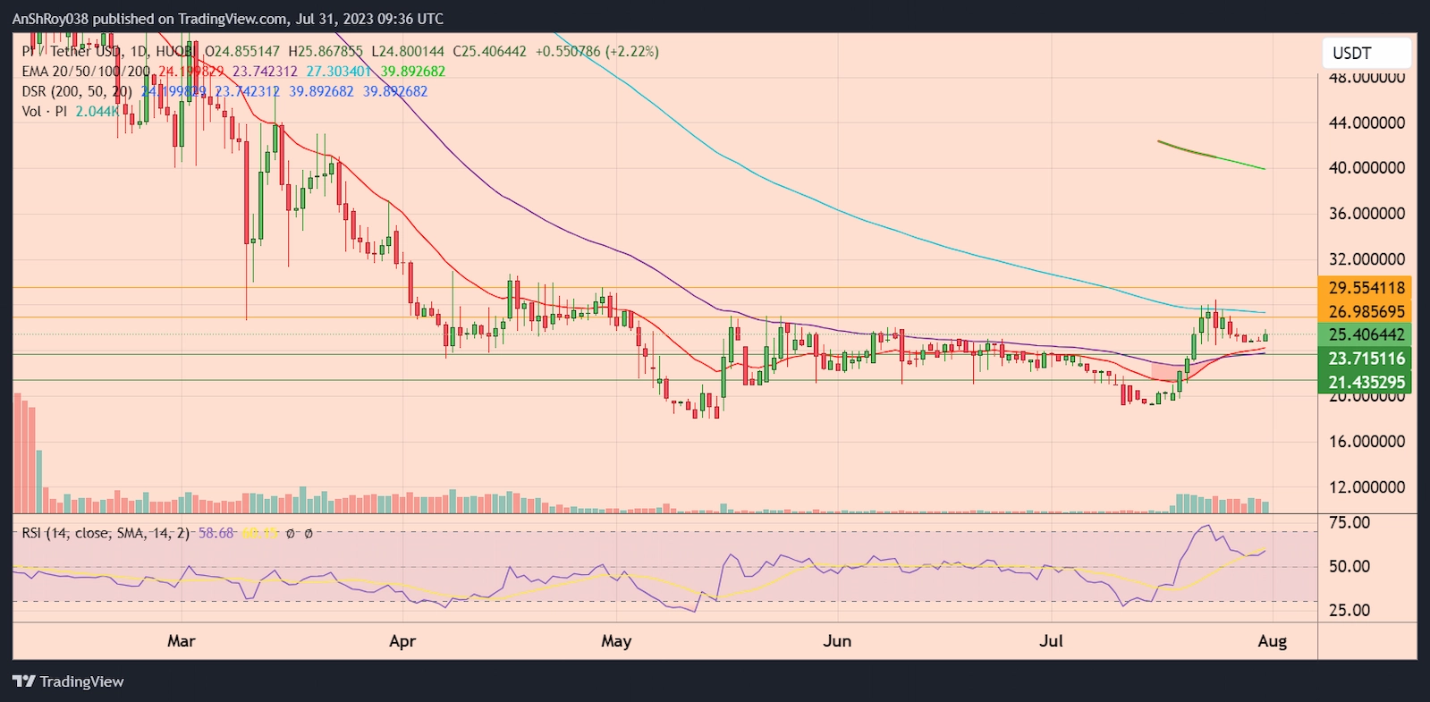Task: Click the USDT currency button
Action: [1366, 53]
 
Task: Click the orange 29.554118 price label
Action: [1366, 288]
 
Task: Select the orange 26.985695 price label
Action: [1366, 311]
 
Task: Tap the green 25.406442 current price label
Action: [1366, 334]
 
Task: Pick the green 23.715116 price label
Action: [1366, 359]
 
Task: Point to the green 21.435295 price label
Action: [1366, 382]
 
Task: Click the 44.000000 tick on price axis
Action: [1366, 123]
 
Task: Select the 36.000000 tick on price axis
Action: [1366, 214]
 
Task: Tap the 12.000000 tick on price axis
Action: [1366, 487]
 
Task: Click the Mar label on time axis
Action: [181, 641]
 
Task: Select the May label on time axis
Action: [616, 641]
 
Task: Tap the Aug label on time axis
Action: [1272, 641]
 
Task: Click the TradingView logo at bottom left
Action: [68, 681]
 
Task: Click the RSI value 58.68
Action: [216, 533]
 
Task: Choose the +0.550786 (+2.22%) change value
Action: [597, 52]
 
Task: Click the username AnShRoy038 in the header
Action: [51, 19]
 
